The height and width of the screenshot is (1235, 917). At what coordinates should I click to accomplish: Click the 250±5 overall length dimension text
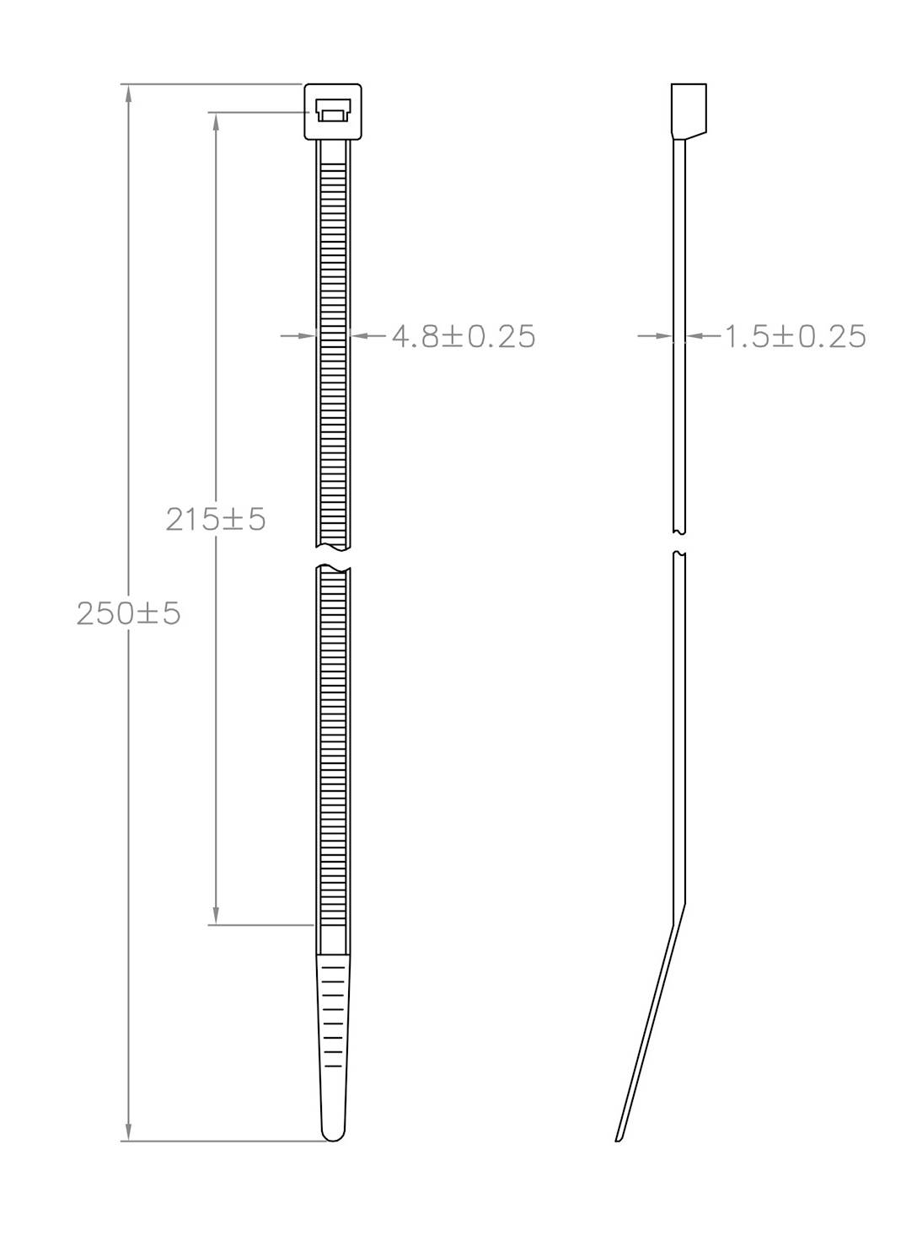click(129, 613)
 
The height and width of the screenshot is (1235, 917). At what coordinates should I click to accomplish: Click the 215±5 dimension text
click(216, 519)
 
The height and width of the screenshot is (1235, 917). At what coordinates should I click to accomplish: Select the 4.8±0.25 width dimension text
click(464, 336)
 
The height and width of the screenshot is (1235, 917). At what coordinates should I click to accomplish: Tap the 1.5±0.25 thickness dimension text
click(796, 336)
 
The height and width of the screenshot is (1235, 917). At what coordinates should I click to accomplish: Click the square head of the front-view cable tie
click(332, 111)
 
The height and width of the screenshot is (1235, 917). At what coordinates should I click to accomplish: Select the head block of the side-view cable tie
click(688, 110)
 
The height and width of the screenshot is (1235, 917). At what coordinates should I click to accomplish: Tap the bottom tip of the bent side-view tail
click(619, 1138)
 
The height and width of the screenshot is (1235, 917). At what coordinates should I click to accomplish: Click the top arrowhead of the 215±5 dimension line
click(217, 120)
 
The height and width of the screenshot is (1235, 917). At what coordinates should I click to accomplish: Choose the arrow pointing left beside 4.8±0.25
click(359, 336)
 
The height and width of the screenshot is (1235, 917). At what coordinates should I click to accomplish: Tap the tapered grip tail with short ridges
click(333, 1028)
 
